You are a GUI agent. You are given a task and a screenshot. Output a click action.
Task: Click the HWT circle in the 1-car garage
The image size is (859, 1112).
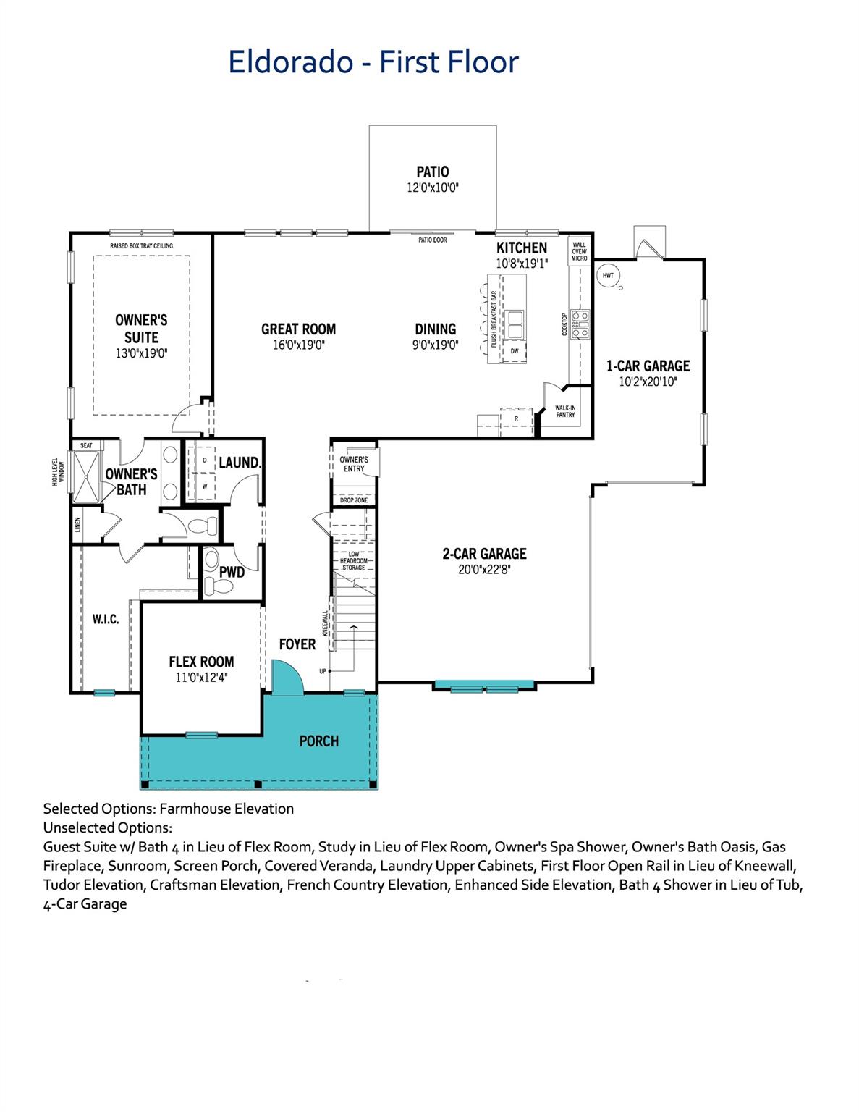(608, 275)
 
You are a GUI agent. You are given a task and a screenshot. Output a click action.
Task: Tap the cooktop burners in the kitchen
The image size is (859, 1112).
(580, 324)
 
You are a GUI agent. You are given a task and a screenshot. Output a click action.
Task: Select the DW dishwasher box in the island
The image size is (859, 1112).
(515, 352)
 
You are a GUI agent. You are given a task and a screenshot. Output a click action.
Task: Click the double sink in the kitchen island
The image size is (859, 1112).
(514, 324)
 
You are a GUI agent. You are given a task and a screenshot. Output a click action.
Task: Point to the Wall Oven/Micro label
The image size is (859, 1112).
(580, 251)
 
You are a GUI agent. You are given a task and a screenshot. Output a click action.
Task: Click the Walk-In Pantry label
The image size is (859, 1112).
(565, 411)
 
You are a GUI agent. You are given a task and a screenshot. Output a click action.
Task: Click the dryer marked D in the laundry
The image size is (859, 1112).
(205, 460)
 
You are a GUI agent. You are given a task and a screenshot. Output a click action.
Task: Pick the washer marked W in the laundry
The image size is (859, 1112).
(205, 486)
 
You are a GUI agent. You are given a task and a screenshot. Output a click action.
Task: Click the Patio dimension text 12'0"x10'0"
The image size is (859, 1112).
(433, 188)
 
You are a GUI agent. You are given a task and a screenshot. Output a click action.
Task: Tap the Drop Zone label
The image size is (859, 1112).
(354, 500)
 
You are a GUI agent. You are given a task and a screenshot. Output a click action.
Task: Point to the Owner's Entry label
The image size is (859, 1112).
(354, 464)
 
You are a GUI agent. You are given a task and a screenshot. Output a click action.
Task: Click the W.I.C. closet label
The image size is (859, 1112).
(106, 619)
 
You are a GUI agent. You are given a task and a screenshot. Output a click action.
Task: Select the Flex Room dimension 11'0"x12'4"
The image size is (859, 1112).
(201, 678)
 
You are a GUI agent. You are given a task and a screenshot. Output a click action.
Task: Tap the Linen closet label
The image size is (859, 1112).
(77, 525)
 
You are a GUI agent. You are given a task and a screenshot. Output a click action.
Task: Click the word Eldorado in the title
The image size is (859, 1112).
(291, 62)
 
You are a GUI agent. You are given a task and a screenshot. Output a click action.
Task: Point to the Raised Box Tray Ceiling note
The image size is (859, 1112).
(142, 246)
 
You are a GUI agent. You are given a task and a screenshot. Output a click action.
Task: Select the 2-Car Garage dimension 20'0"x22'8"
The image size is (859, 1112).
(485, 569)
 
